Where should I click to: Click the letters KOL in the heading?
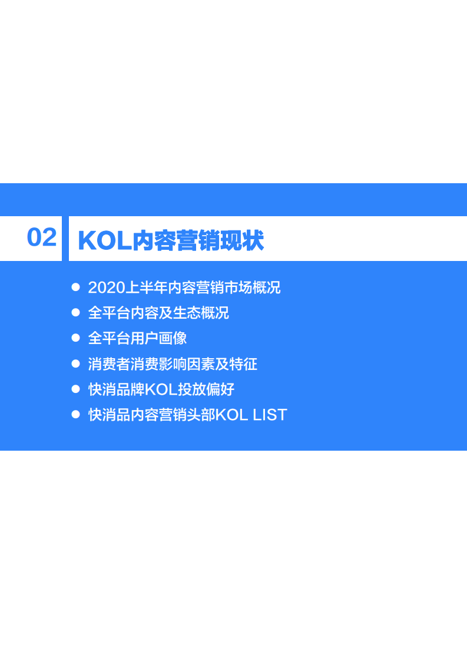tap(105, 241)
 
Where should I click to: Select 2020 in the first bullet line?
tap(107, 287)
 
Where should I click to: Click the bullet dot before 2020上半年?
tap(76, 287)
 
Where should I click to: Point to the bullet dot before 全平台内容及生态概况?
tap(76, 312)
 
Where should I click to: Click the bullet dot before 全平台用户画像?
tap(76, 338)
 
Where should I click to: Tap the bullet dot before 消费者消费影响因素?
tap(76, 363)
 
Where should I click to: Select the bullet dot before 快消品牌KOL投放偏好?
tap(76, 389)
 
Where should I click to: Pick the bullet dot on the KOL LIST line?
tap(76, 414)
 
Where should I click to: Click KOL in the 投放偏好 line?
tap(161, 389)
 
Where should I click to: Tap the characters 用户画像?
tap(158, 338)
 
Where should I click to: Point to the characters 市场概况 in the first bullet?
tap(253, 287)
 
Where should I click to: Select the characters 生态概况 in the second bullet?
tap(201, 313)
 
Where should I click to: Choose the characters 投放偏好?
tap(206, 389)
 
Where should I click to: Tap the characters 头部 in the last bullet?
tap(201, 415)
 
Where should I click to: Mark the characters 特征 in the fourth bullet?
tap(243, 364)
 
